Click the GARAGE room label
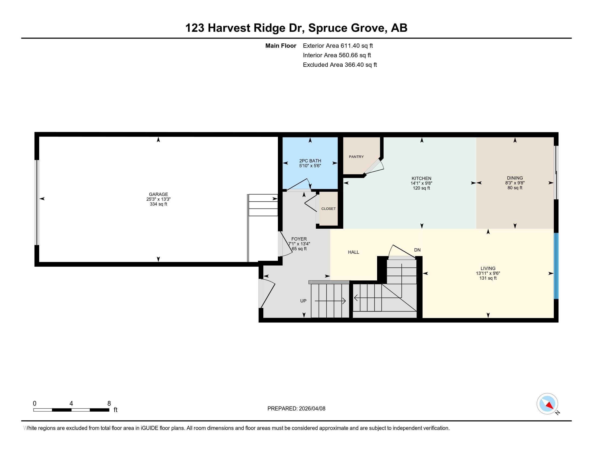158,194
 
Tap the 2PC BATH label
310,161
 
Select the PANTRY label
356,157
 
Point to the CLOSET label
329,209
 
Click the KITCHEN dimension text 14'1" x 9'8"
421,183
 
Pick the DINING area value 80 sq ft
515,188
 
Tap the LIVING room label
488,268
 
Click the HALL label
354,252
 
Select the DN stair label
417,250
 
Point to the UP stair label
303,301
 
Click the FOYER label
299,239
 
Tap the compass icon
547,404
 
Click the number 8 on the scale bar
109,404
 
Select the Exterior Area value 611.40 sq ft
357,46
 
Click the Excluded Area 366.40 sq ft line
340,65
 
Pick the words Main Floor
281,46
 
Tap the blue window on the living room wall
556,266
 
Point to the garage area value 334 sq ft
158,204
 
